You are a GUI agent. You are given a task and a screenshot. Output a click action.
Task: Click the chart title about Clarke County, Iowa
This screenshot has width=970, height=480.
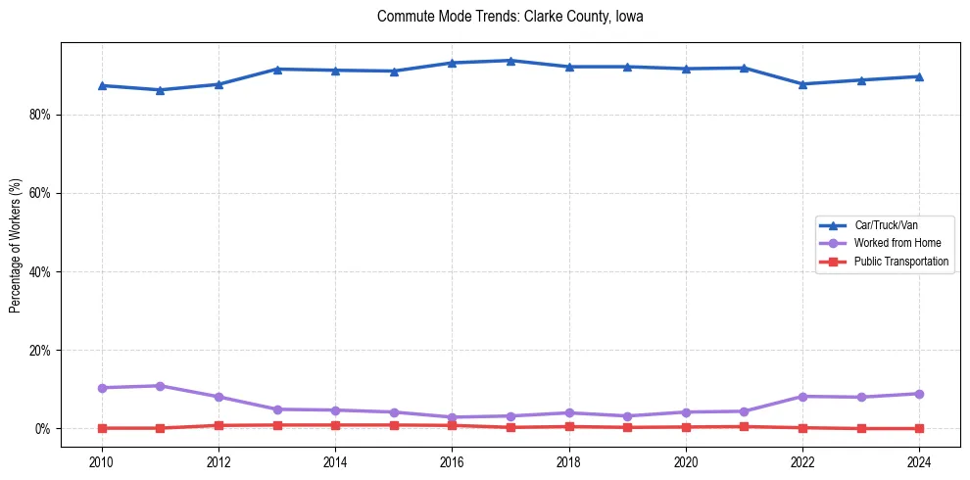509,17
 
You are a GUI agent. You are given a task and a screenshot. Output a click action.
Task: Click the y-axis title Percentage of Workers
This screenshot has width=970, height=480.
15,246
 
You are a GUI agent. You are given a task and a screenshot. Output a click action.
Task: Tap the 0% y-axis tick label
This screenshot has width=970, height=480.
42,429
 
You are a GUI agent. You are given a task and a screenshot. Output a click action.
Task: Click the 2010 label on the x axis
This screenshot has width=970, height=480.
101,460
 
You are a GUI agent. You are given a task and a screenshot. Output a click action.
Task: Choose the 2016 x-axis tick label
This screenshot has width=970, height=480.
452,460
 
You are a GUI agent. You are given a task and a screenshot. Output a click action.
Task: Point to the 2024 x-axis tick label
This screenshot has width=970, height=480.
919,460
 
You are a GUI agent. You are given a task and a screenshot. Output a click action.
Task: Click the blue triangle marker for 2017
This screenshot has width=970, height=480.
510,61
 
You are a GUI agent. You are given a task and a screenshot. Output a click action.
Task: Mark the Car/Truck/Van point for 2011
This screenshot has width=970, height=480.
160,90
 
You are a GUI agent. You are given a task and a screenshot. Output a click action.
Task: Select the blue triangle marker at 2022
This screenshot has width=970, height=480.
802,84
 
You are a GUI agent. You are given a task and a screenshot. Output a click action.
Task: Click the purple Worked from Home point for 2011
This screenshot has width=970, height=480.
160,386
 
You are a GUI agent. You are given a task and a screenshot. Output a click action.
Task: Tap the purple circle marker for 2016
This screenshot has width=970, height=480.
452,417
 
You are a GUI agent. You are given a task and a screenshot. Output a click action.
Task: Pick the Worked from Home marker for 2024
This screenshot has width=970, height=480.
919,394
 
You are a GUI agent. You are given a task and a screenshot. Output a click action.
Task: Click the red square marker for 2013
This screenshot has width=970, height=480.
277,425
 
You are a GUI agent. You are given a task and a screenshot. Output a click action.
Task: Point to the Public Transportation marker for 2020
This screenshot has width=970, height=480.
686,427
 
